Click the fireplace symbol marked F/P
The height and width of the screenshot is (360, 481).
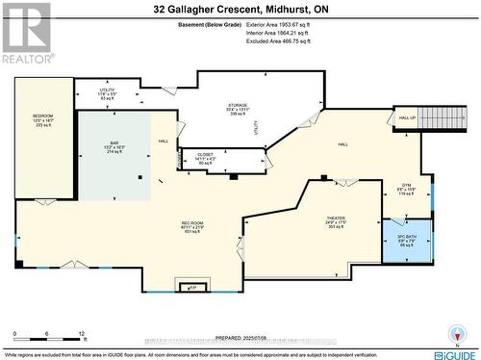click(x=191, y=287)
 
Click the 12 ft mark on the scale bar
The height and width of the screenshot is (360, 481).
click(x=82, y=333)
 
